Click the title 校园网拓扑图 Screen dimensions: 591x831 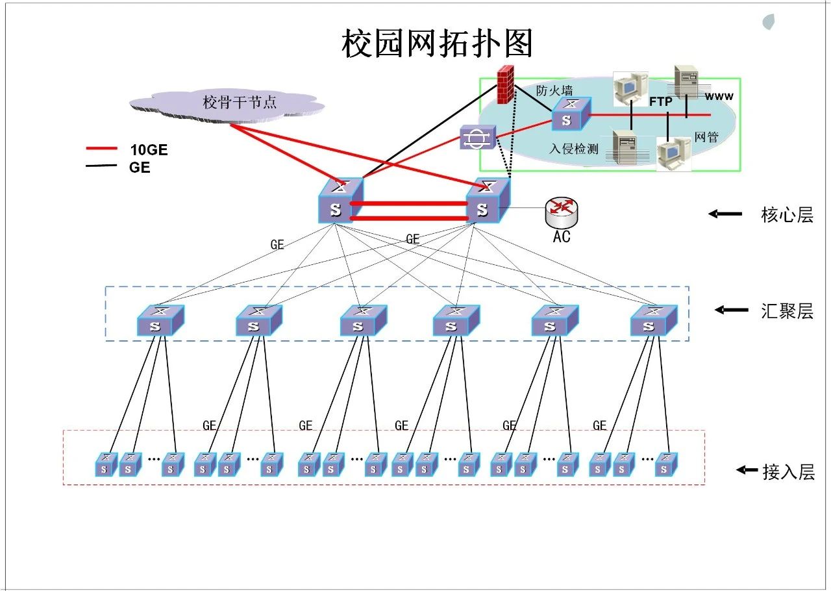point(437,44)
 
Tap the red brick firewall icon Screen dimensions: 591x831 point(504,84)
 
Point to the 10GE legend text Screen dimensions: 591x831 point(149,150)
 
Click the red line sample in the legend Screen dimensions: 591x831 point(101,149)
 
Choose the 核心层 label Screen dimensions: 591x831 point(787,215)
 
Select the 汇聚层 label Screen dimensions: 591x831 point(787,311)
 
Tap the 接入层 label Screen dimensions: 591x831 point(788,472)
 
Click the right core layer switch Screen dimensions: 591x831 point(488,201)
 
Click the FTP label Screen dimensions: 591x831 point(661,102)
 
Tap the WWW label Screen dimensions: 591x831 point(719,97)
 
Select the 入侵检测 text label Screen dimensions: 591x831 point(573,149)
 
